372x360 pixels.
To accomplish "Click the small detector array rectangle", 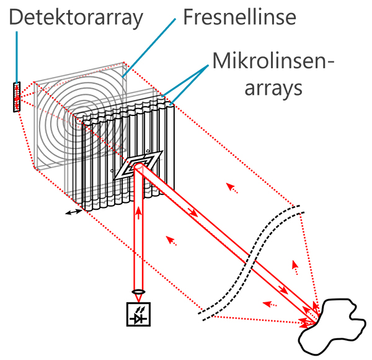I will pos(16,97).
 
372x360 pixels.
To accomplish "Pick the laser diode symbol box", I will pos(137,314).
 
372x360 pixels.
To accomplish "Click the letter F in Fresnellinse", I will pos(189,16).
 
